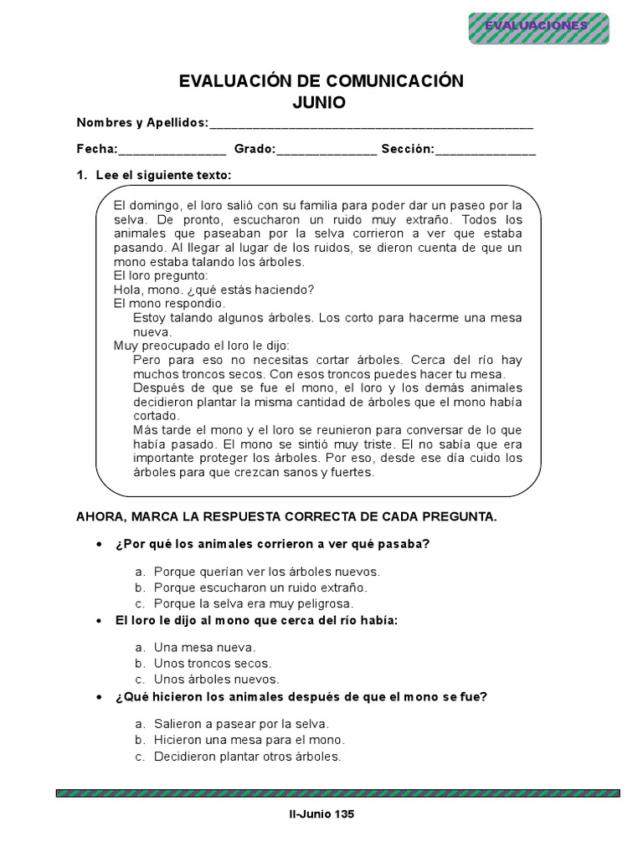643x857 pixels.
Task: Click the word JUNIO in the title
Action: click(321, 101)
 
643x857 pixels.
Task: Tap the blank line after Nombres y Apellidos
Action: click(371, 124)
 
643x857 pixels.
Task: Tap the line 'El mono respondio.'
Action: click(157, 303)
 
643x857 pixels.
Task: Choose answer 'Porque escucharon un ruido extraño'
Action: click(260, 588)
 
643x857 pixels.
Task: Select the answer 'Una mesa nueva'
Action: click(204, 648)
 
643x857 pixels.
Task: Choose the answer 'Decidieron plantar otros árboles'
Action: click(248, 756)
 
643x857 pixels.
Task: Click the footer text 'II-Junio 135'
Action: click(321, 813)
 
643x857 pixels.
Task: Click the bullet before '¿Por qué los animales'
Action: click(100, 545)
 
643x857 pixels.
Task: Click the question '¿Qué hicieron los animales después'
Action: click(301, 696)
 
